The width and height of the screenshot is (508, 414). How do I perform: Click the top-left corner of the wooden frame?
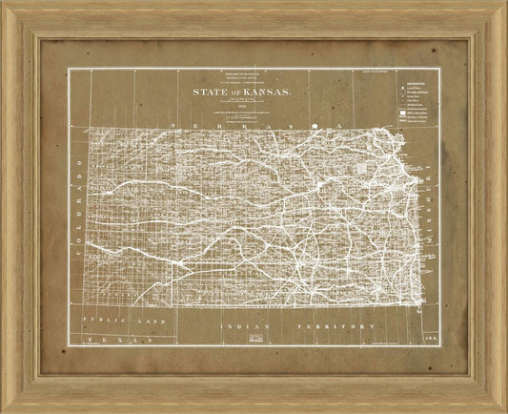(3, 3)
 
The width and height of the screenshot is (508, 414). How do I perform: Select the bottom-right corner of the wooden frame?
(504, 410)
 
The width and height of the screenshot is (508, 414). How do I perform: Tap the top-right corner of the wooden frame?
(504, 3)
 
